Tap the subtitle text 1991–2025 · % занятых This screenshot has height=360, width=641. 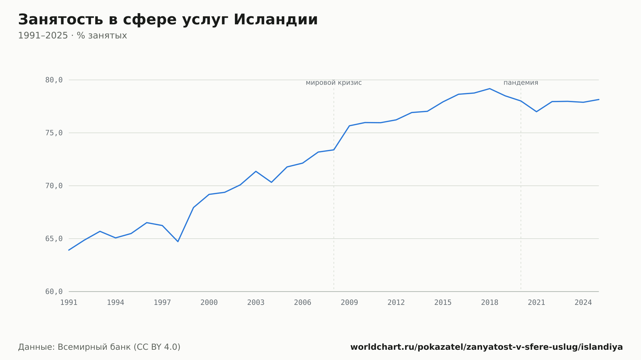[x=72, y=36]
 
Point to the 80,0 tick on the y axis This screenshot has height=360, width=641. [x=54, y=80]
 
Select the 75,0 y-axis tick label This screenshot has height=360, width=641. [x=54, y=133]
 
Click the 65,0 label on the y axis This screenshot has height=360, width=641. [x=54, y=239]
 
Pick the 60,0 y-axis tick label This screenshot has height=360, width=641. [x=54, y=291]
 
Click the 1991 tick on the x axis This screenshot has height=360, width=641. [x=69, y=303]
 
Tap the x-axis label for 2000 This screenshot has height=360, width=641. [x=209, y=303]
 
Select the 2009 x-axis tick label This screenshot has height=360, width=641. [x=349, y=303]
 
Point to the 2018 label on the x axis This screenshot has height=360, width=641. [x=490, y=303]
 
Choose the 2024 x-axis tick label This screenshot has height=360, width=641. [x=583, y=303]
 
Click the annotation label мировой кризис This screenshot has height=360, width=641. [x=334, y=83]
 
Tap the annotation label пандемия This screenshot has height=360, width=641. [x=521, y=83]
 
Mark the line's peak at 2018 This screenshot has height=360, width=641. [x=490, y=89]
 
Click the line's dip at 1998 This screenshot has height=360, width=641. [x=178, y=241]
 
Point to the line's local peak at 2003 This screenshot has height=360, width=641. [x=256, y=171]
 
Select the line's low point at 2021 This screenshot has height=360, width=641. [x=537, y=111]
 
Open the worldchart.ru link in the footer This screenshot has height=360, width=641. [x=487, y=347]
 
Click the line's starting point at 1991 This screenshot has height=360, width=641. [x=69, y=250]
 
